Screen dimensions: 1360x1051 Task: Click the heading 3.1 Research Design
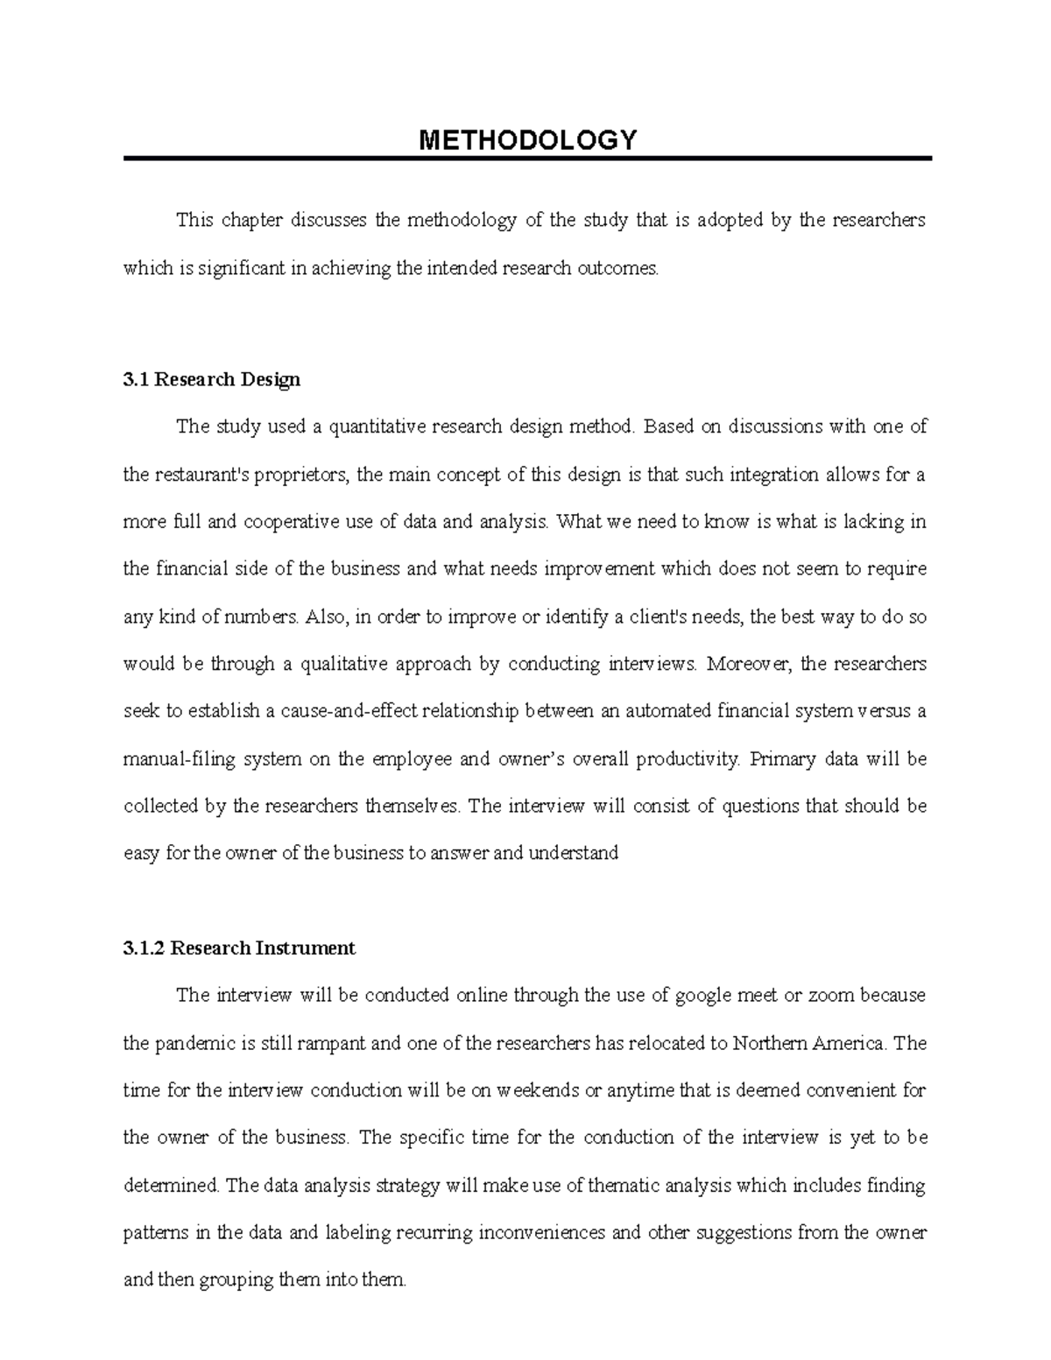[212, 379]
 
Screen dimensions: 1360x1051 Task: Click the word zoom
[830, 995]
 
